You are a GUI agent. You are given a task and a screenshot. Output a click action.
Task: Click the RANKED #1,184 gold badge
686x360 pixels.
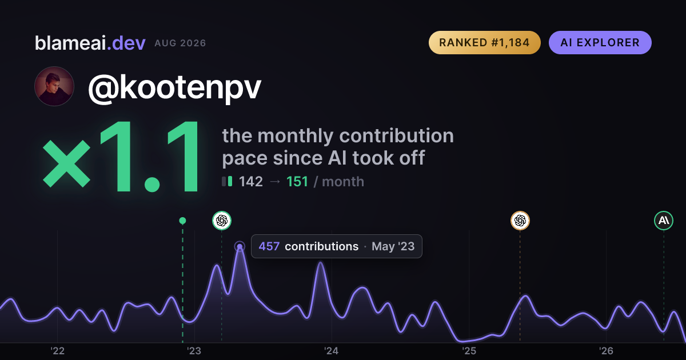[x=485, y=42]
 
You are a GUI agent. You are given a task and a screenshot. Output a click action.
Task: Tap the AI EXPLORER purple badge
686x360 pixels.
[x=600, y=42]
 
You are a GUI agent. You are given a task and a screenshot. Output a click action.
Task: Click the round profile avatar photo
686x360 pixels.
[x=54, y=86]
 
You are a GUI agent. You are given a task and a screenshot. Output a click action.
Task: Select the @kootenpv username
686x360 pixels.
[x=174, y=88]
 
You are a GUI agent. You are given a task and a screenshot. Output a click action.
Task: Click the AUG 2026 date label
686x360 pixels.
[x=180, y=43]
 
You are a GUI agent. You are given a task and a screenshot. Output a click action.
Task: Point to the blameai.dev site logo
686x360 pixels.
[x=90, y=43]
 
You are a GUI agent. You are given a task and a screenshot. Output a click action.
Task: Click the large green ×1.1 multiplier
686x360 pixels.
[x=121, y=157]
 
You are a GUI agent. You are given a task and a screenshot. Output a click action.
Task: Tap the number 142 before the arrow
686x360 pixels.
[x=251, y=182]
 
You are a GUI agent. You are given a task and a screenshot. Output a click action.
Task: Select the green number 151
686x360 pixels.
[x=297, y=182]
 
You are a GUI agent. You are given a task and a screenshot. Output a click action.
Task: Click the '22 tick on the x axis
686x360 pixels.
[x=57, y=351]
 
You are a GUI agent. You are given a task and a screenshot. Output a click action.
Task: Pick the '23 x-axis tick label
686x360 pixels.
[x=194, y=351]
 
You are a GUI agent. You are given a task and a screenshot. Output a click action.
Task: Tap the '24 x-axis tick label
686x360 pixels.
[x=332, y=351]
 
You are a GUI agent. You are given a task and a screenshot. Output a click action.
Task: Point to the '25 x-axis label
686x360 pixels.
[x=469, y=351]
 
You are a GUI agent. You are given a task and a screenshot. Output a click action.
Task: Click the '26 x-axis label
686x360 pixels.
[x=606, y=351]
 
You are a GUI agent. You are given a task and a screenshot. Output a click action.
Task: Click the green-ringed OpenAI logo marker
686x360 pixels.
[x=222, y=221]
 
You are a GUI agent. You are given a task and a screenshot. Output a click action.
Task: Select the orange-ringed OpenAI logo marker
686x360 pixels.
[x=520, y=221]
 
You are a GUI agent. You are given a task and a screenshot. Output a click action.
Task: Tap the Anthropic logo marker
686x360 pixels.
[x=664, y=221]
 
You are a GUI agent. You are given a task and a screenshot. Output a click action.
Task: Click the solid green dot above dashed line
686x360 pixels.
[x=182, y=221]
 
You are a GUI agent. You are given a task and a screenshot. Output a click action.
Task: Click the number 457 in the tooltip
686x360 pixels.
[x=269, y=246]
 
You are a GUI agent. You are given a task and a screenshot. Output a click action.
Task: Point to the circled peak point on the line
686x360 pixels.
[x=240, y=246]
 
